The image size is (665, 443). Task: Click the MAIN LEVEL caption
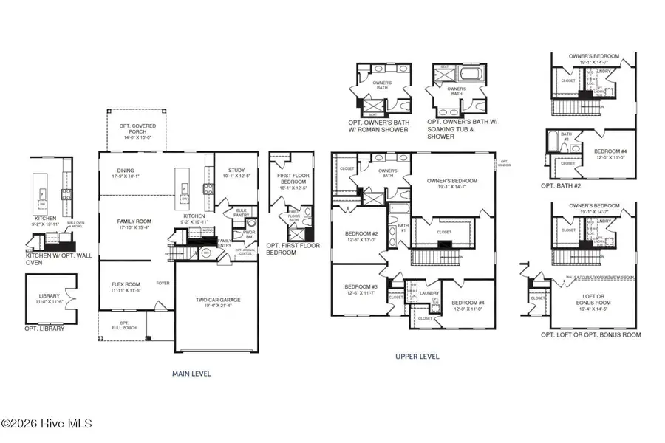[x=191, y=374]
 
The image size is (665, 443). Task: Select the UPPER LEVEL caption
[x=417, y=357]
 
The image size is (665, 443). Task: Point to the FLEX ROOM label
[x=118, y=285]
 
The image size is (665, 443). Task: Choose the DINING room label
[x=125, y=174]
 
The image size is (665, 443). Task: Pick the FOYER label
[x=163, y=283]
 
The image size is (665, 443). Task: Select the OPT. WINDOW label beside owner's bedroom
[x=505, y=163]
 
